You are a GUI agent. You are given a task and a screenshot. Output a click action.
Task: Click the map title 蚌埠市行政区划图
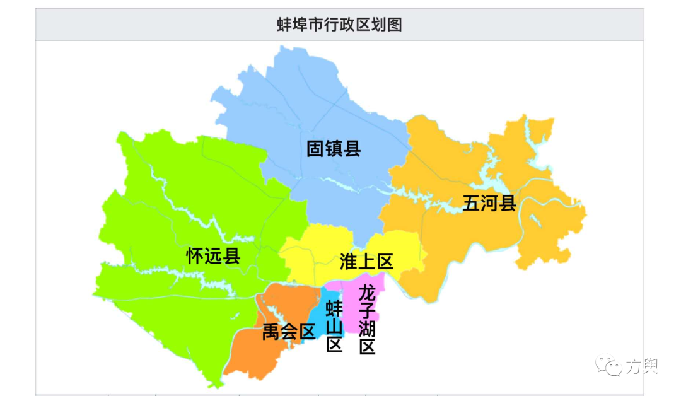point(339,25)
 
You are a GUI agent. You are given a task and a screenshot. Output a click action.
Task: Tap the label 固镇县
point(334,149)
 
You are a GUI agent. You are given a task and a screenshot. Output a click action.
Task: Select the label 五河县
point(489,204)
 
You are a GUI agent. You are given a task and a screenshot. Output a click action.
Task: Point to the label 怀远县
point(213,255)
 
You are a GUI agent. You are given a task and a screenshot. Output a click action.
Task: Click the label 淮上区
point(366,261)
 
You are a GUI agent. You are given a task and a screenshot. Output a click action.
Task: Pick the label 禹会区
point(289,332)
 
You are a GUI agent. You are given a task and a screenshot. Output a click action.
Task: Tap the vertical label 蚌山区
point(334,327)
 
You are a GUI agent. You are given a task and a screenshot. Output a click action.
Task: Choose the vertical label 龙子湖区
point(367,320)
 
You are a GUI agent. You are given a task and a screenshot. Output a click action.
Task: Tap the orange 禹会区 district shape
point(259,353)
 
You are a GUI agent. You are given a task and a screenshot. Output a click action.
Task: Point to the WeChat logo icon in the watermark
point(609,365)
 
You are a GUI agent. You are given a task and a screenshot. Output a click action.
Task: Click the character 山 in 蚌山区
point(334,327)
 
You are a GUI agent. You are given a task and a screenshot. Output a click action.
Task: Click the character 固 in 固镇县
point(315,149)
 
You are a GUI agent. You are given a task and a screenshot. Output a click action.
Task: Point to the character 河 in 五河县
point(489,204)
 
